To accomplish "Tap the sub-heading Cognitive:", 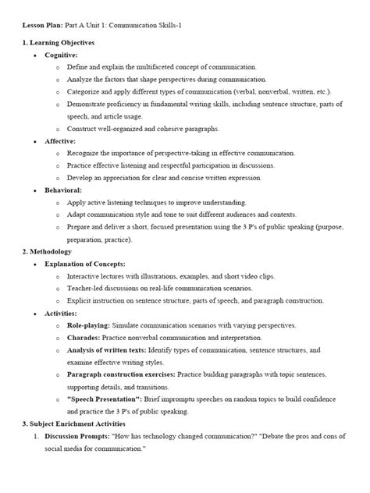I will tap(61, 56).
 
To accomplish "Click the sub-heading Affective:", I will tap(60, 141).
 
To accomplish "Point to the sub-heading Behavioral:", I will tap(62, 190).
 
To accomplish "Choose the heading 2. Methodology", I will tap(47, 252).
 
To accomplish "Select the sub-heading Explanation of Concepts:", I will tap(85, 264).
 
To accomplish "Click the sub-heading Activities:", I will tap(61, 313).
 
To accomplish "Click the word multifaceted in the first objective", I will tap(164, 69).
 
